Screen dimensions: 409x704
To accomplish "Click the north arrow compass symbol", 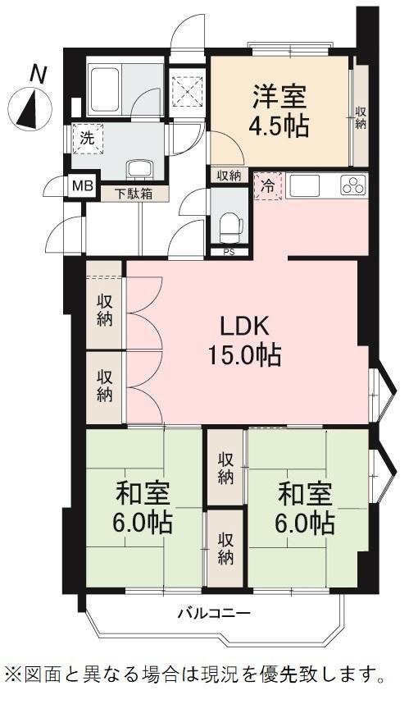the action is pos(30,108).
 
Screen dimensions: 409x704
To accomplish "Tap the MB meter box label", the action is pos(84,185).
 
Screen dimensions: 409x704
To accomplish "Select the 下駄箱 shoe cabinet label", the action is pos(134,194).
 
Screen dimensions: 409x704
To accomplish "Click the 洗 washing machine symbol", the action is pos(87,139).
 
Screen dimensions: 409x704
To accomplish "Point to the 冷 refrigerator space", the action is pos(268,186).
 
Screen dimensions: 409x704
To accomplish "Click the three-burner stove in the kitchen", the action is pos(353,185).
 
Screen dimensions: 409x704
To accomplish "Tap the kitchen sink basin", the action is pos(305,185).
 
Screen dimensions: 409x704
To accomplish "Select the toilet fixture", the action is pos(231,226).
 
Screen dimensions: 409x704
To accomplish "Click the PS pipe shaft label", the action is pos(229,252).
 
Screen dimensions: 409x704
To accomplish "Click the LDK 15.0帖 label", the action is pos(244,341).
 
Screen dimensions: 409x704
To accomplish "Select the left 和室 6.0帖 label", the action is pos(143,508).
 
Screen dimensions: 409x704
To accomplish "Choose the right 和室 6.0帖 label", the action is pos(305,508).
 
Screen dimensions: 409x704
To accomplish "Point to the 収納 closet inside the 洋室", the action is pos(361,117).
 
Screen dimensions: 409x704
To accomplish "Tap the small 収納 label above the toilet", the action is pos(229,176).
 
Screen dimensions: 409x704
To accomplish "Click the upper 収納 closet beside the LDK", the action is pos(104,310).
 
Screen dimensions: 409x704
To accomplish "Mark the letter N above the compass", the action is pos(39,75).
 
